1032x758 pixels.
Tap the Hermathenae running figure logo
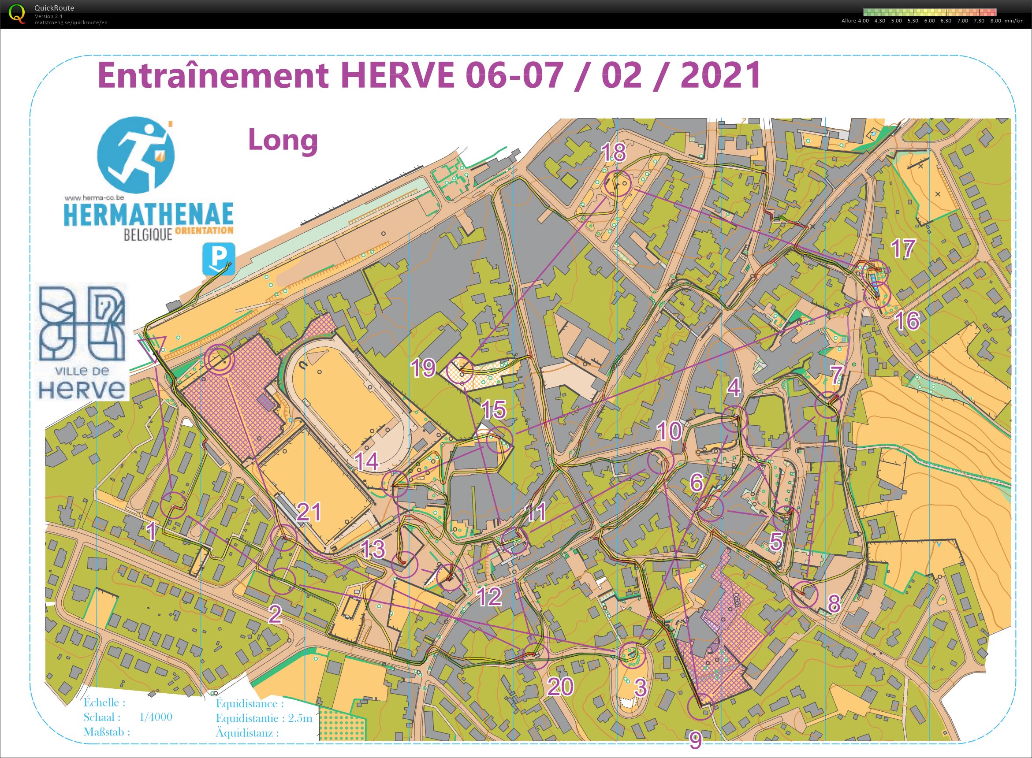coord(136,155)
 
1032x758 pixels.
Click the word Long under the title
coord(283,140)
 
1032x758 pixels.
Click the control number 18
coord(613,152)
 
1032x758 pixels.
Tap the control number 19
coord(423,368)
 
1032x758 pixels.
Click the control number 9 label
coord(696,739)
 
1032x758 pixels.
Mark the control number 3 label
coord(640,687)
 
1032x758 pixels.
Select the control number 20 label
coord(560,687)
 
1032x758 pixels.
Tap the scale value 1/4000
coord(156,717)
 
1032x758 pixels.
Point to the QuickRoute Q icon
coord(17,13)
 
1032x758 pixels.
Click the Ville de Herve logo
coord(82,342)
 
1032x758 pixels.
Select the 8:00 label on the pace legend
coord(995,21)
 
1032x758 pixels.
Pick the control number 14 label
coord(367,461)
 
